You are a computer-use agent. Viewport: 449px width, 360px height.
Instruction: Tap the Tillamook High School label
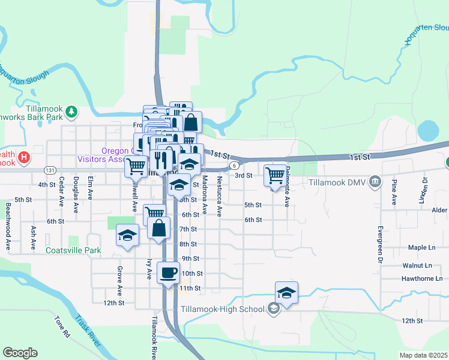coord(223,310)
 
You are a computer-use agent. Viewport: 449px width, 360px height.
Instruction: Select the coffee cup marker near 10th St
coord(168,272)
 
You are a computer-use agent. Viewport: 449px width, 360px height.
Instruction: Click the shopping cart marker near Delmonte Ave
coord(275,175)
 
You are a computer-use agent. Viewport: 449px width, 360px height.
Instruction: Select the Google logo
coord(20,353)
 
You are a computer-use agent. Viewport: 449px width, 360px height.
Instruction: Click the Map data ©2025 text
coord(423,355)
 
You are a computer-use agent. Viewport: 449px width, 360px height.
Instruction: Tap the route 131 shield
coord(49,170)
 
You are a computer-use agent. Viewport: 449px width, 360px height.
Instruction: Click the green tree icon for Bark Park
coord(71,110)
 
